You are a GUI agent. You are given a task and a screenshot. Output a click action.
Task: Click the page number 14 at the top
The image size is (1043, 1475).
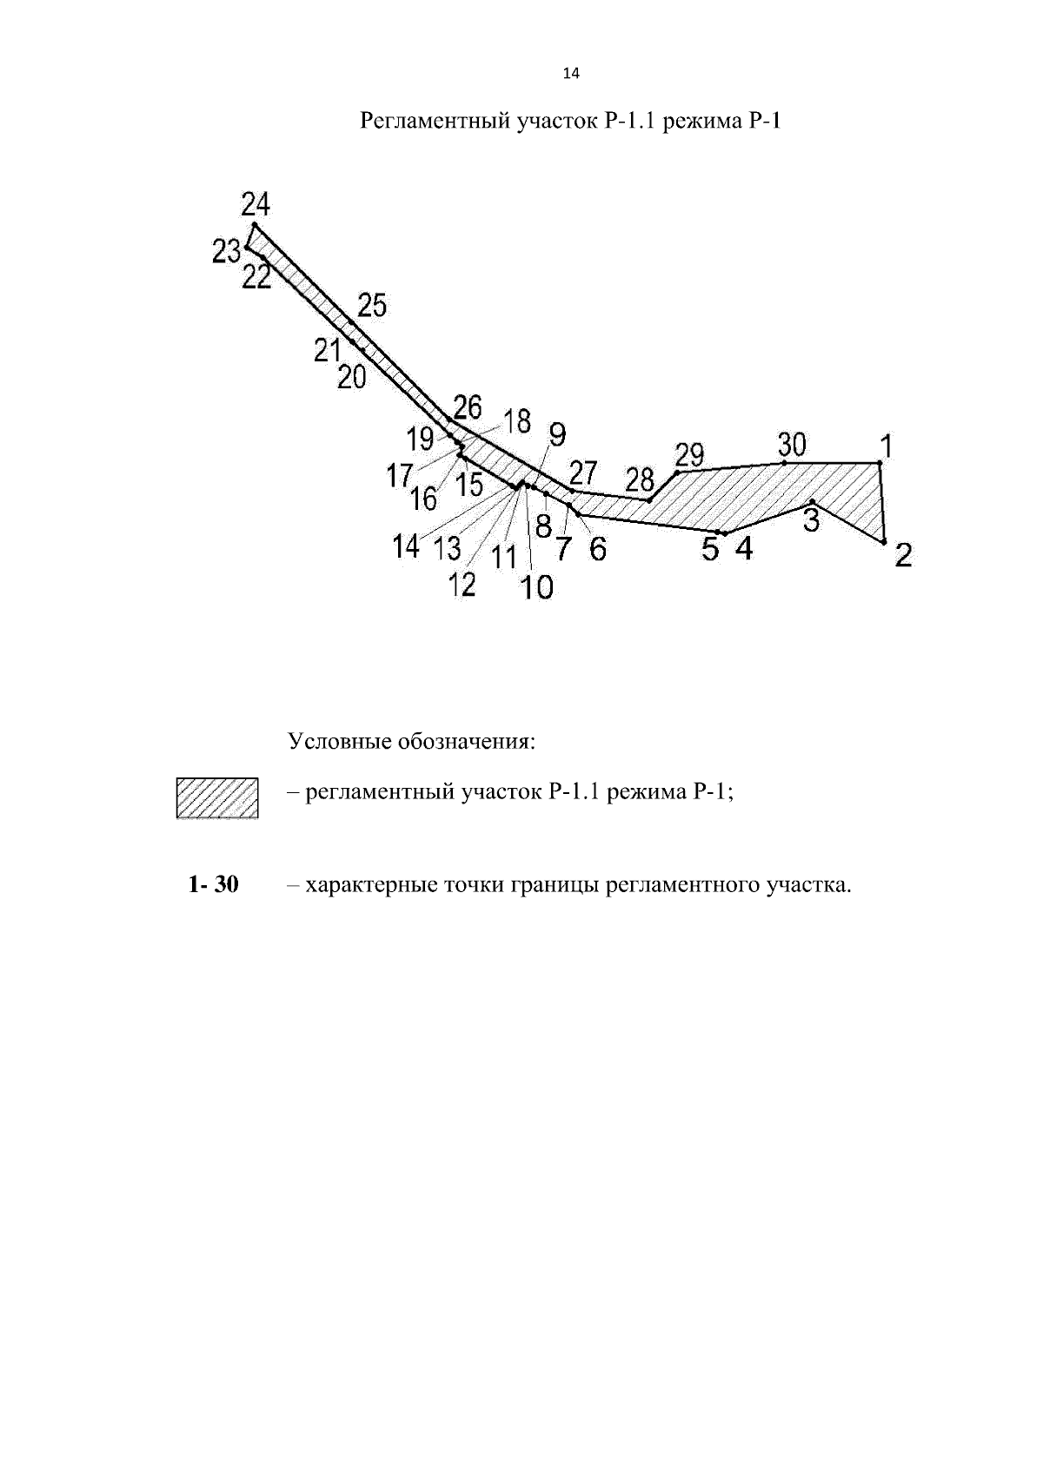[571, 74]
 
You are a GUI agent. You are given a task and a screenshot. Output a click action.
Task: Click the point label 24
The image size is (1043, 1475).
[256, 204]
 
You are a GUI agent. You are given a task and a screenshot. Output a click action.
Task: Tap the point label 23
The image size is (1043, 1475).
[227, 252]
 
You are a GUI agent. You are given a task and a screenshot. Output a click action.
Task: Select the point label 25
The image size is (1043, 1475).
[372, 306]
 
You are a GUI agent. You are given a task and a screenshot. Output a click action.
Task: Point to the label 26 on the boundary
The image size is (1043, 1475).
[468, 407]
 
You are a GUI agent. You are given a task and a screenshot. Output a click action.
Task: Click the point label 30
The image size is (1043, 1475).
[792, 445]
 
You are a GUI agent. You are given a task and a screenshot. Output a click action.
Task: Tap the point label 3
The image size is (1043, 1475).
[811, 520]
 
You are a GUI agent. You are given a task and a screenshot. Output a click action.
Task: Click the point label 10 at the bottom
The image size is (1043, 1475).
[537, 587]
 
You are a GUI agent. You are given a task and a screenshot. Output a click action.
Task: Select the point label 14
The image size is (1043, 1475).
[406, 546]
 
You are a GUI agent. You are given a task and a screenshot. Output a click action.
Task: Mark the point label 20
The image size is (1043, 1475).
[352, 377]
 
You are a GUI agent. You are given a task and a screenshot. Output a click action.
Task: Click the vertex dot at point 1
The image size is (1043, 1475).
[880, 463]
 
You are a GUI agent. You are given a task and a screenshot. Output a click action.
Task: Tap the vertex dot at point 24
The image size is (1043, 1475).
[255, 225]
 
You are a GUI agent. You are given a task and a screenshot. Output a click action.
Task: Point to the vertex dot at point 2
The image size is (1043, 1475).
[884, 542]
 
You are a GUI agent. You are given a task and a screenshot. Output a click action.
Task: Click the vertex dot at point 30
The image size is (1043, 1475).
[784, 463]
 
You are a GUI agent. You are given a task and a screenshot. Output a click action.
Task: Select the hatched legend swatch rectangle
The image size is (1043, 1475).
[217, 798]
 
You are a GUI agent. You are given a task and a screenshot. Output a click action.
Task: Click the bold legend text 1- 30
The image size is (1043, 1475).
[214, 884]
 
